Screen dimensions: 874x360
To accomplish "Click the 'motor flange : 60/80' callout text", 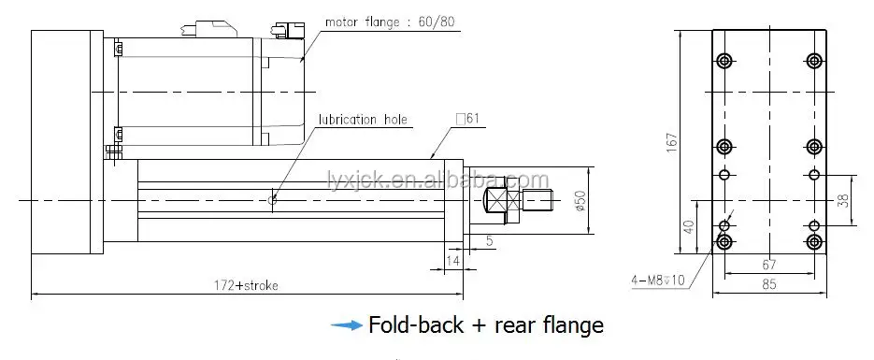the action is click(389, 22).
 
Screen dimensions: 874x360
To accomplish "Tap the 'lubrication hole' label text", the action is click(363, 120).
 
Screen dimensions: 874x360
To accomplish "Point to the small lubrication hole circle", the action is click(272, 200).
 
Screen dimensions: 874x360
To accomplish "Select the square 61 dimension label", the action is click(467, 119).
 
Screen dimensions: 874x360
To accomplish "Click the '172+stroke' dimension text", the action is click(246, 285).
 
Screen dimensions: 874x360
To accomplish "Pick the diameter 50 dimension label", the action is click(580, 201).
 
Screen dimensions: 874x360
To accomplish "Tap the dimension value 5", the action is click(490, 241).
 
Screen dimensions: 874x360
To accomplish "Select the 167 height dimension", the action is click(672, 143).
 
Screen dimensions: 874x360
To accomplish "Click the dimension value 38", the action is click(843, 201).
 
